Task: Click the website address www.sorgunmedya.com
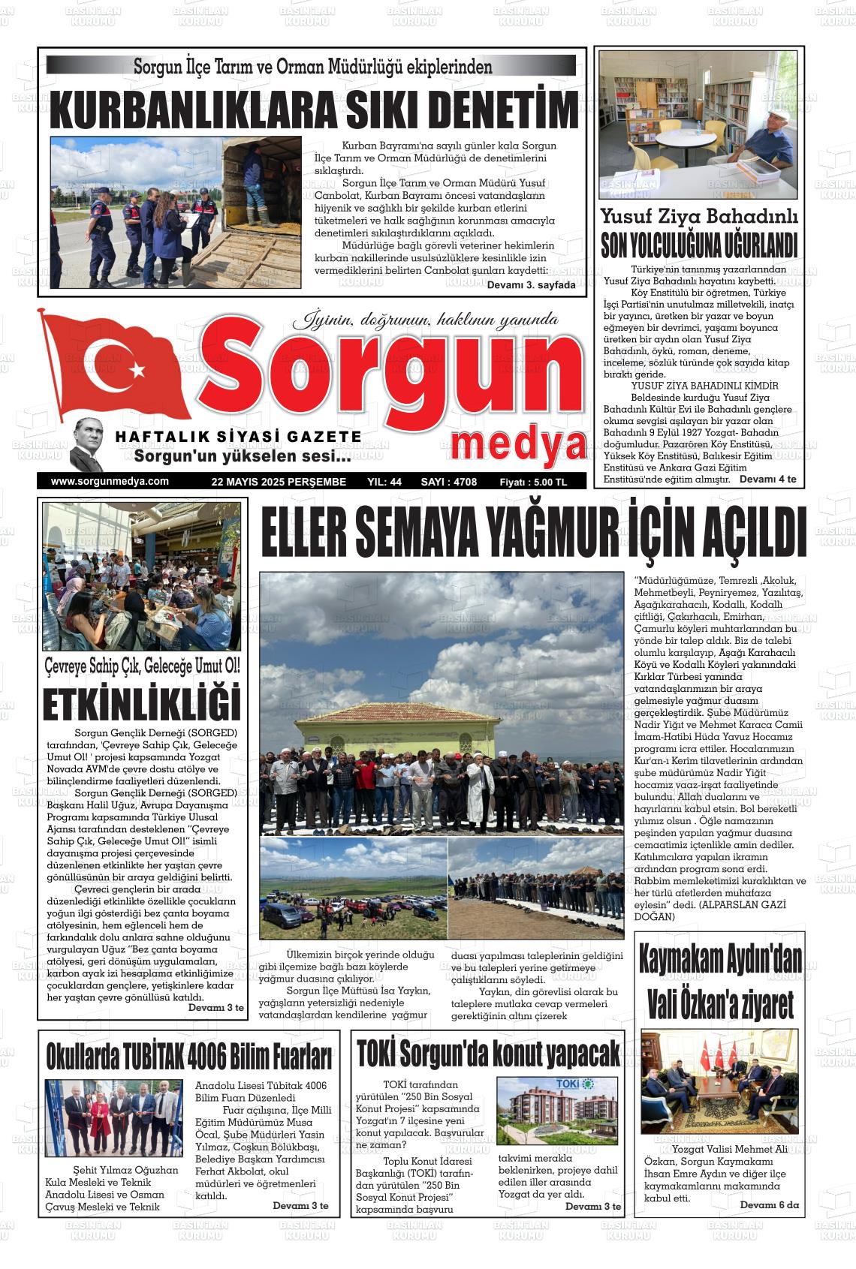coord(110,482)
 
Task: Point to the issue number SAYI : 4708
coord(449,483)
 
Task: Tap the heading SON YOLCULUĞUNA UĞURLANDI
coord(699,245)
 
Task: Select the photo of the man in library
coord(698,125)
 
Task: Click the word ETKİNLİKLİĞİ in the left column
coord(141,703)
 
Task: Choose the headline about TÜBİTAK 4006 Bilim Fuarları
coord(189,1056)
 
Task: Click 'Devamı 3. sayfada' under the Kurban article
coord(531,285)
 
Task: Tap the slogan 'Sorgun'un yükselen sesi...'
coord(242,456)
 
